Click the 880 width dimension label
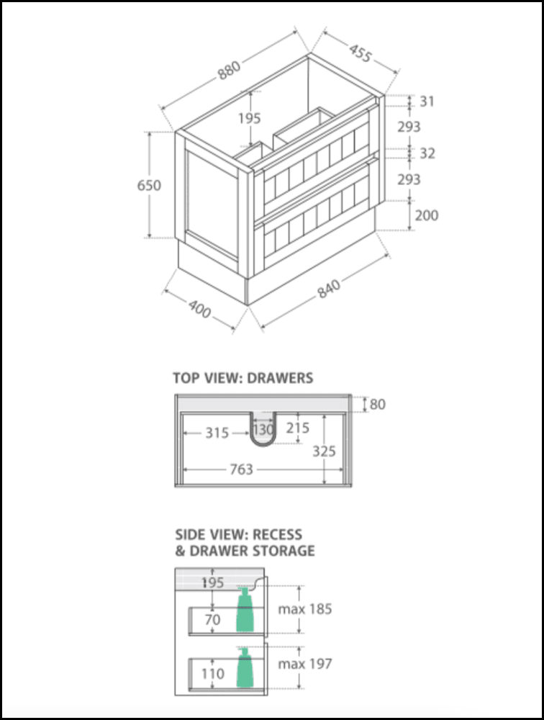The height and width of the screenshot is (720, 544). [x=228, y=70]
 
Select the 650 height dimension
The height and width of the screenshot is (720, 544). [x=149, y=185]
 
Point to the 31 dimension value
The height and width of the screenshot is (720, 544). [x=427, y=102]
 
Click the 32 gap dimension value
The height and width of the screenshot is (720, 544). [x=427, y=153]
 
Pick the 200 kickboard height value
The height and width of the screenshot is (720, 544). [x=427, y=215]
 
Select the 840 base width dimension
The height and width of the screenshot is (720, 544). [x=328, y=289]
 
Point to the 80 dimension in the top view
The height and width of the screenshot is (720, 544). [x=377, y=405]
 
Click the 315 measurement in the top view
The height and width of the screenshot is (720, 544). [x=217, y=433]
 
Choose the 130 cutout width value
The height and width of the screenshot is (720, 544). [x=263, y=430]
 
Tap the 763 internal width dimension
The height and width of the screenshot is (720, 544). [x=241, y=469]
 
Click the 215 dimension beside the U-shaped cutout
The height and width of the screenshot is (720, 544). [x=297, y=428]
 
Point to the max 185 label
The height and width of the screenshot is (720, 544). [x=305, y=609]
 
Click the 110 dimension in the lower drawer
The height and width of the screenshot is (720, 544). [x=213, y=675]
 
